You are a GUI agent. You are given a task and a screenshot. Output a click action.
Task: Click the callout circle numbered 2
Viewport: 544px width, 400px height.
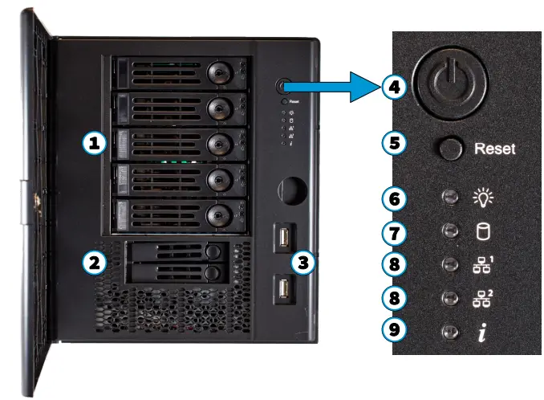pyautogui.click(x=95, y=261)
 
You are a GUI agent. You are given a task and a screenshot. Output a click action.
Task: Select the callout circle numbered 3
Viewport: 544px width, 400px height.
pyautogui.click(x=303, y=261)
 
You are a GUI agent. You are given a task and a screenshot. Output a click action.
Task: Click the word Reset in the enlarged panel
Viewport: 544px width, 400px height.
pyautogui.click(x=494, y=149)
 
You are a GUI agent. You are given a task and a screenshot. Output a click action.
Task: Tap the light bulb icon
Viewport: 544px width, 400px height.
pyautogui.click(x=483, y=198)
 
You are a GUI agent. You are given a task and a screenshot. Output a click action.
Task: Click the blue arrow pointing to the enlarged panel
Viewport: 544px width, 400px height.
pyautogui.click(x=329, y=87)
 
